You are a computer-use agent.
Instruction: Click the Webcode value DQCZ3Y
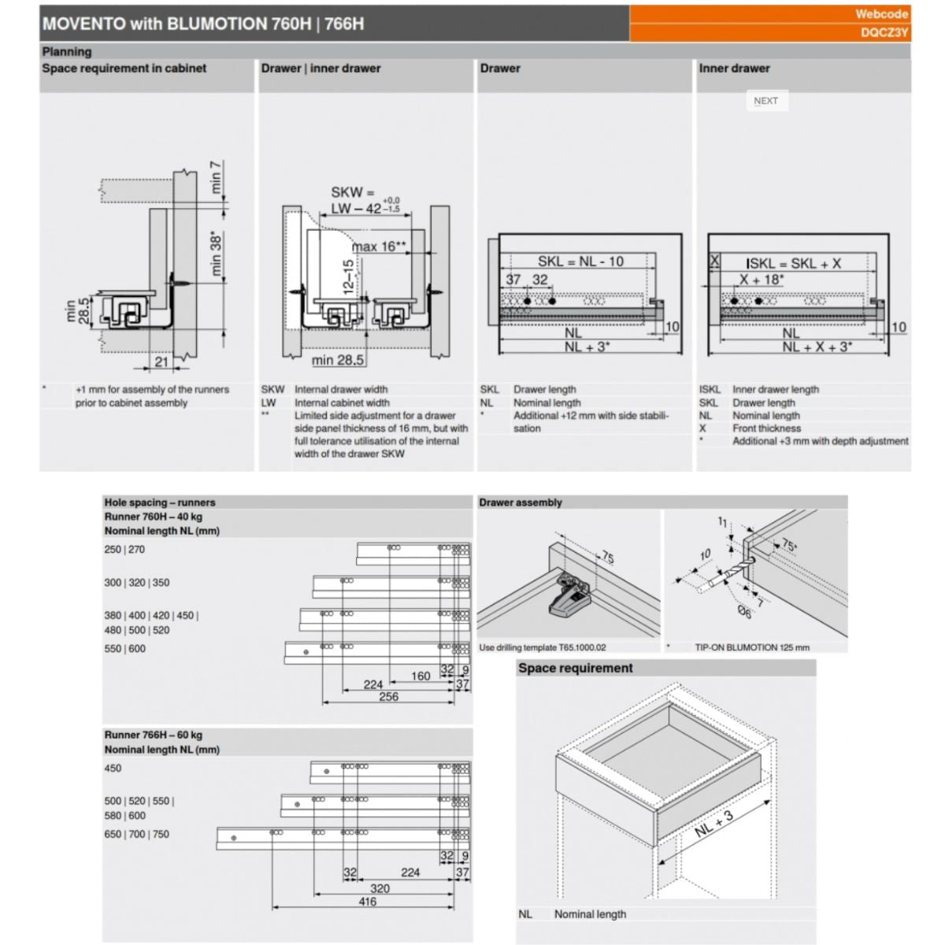pyautogui.click(x=884, y=33)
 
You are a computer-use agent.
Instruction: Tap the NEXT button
pyautogui.click(x=765, y=101)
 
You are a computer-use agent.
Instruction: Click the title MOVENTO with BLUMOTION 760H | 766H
pyautogui.click(x=203, y=24)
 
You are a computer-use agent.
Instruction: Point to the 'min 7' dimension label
pyautogui.click(x=216, y=177)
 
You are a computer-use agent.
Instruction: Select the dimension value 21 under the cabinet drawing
pyautogui.click(x=161, y=362)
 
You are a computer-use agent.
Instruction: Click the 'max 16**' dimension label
pyautogui.click(x=379, y=246)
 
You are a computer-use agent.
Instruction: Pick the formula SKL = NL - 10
pyautogui.click(x=580, y=261)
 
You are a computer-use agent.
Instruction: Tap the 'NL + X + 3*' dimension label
pyautogui.click(x=816, y=347)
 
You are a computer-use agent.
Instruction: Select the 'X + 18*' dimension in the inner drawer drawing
pyautogui.click(x=762, y=280)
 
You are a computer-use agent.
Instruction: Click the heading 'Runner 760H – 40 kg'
pyautogui.click(x=153, y=517)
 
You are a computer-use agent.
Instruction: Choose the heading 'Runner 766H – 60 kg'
pyautogui.click(x=153, y=735)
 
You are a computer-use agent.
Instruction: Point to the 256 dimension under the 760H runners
pyautogui.click(x=388, y=697)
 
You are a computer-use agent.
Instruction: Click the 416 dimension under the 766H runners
pyautogui.click(x=367, y=902)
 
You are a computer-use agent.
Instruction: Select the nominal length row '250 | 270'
pyautogui.click(x=124, y=550)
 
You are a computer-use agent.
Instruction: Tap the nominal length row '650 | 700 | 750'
pyautogui.click(x=136, y=834)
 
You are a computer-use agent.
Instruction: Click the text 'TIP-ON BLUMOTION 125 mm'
pyautogui.click(x=751, y=647)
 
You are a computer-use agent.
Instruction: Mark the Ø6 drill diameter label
pyautogui.click(x=743, y=612)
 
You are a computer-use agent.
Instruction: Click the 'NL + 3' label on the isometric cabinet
pyautogui.click(x=714, y=823)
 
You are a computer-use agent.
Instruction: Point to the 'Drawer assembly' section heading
pyautogui.click(x=521, y=502)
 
